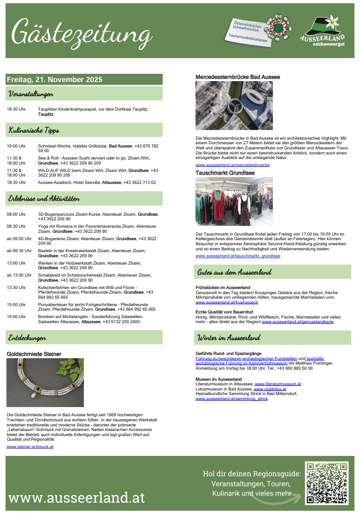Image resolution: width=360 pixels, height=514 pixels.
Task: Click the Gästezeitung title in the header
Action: tap(82, 32)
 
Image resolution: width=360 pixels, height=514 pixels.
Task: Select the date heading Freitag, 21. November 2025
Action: tap(54, 79)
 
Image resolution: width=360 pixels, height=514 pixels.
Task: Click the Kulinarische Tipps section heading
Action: tap(34, 130)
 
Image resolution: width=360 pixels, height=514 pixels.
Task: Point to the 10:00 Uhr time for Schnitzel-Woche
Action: tap(16, 146)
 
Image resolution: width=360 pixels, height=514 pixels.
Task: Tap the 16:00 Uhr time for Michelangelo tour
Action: tap(16, 316)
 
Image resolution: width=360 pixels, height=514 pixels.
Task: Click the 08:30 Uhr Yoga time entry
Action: tap(16, 226)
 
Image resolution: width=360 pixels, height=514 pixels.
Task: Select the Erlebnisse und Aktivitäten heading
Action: tap(44, 199)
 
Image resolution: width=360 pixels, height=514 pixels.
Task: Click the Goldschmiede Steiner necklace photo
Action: tap(45, 382)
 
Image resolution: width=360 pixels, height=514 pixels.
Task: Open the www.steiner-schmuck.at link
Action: tap(30, 446)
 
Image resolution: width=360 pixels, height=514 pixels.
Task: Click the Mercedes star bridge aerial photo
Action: tap(234, 106)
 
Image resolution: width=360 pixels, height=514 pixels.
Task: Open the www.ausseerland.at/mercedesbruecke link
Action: tap(232, 165)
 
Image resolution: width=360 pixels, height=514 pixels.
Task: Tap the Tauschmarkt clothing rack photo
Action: tap(234, 201)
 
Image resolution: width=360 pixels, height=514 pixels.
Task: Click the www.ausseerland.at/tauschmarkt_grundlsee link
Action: tap(237, 255)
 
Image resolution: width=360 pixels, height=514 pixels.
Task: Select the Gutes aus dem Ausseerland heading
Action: tap(234, 272)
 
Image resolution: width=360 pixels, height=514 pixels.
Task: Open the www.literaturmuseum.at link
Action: tap(277, 384)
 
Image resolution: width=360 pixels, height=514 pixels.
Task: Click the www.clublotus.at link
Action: tap(270, 389)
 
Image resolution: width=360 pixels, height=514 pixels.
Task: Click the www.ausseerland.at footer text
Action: tap(77, 497)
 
